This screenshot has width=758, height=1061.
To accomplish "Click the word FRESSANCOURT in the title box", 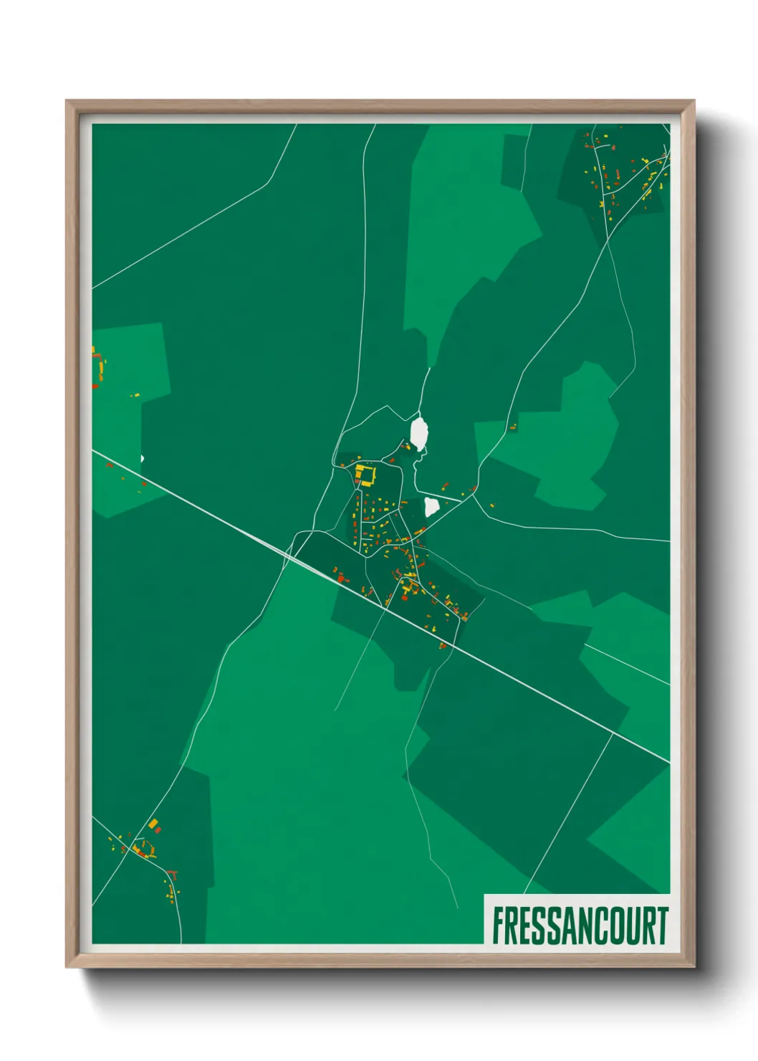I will click(580, 926).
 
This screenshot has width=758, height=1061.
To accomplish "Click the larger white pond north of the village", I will click(419, 432).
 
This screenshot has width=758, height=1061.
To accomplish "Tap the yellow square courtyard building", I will click(365, 475).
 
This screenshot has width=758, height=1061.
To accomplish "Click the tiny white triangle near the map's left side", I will click(143, 459).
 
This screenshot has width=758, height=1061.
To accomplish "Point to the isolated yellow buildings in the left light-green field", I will click(135, 395).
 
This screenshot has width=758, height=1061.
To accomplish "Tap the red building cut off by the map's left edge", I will click(95, 386).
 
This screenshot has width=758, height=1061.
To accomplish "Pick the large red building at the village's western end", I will click(341, 576).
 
